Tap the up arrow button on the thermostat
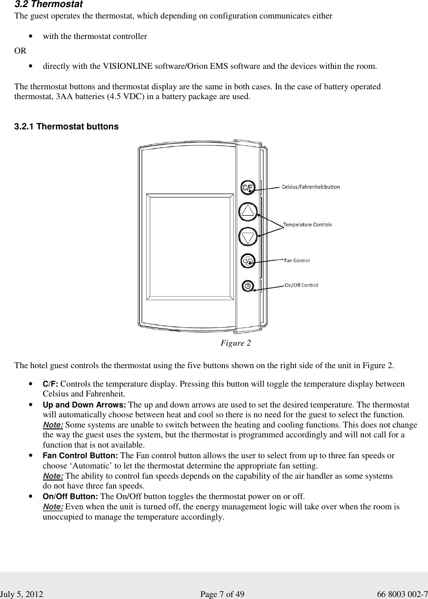pyautogui.click(x=248, y=212)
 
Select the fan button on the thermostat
pyautogui.click(x=248, y=260)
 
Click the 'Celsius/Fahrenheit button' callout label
pyautogui.click(x=311, y=187)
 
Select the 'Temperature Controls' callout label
pyautogui.click(x=308, y=225)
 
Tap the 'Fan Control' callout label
pyautogui.click(x=297, y=260)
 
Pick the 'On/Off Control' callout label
pyautogui.click(x=301, y=285)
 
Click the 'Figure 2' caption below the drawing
pyautogui.click(x=235, y=343)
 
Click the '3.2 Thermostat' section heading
pyautogui.click(x=48, y=5)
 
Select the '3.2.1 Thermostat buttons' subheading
pyautogui.click(x=66, y=127)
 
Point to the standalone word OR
pyautogui.click(x=20, y=51)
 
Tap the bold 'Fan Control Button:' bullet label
pyautogui.click(x=80, y=456)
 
